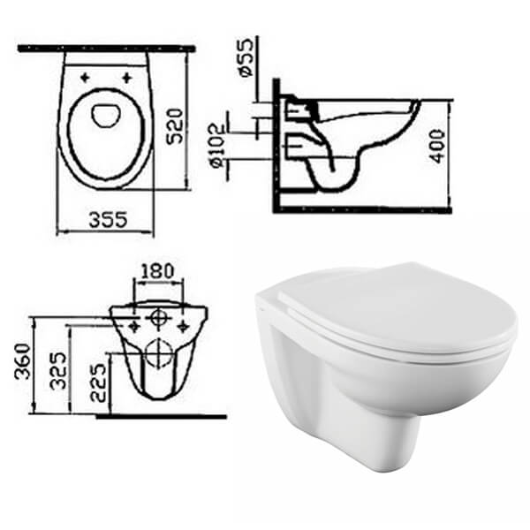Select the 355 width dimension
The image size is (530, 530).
coord(107,219)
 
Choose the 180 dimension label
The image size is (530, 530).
coord(157,269)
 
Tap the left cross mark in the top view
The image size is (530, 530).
coord(86,78)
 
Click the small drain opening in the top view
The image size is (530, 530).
coord(106,113)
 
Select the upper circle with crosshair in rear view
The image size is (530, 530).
coord(158,316)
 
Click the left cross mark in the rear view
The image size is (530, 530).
coord(133,326)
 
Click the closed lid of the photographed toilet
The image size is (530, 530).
coord(389,309)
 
